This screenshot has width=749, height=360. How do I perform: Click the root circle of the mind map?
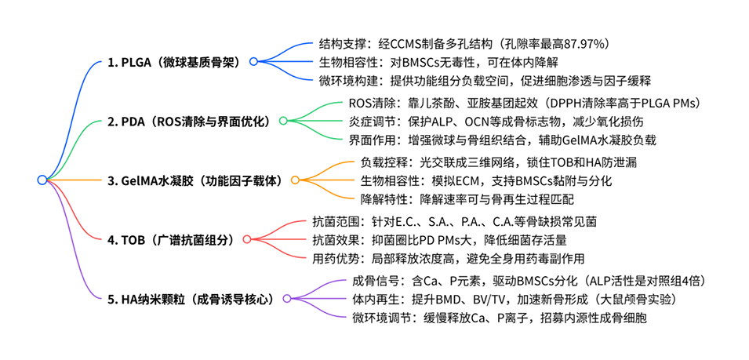point(42,180)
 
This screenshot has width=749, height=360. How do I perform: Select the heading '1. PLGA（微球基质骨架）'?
point(175,61)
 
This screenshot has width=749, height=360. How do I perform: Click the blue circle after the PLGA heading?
point(253,61)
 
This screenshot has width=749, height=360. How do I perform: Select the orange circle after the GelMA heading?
point(295,180)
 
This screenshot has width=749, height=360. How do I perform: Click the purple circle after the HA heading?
point(287,298)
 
